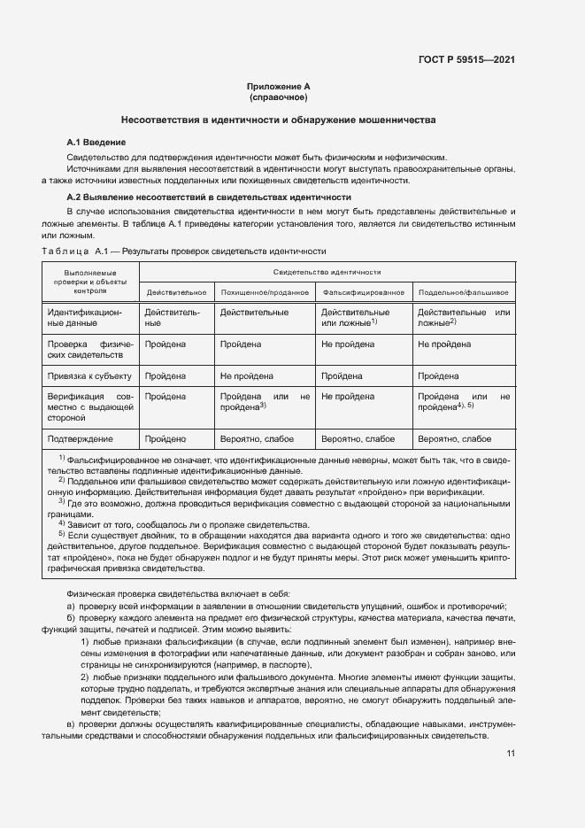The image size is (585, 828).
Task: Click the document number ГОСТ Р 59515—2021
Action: (x=466, y=60)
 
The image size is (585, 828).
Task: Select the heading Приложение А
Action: (x=278, y=86)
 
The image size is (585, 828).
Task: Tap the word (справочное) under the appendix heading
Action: (x=278, y=97)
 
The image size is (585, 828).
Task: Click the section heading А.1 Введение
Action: (x=96, y=142)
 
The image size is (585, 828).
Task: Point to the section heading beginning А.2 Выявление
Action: (x=209, y=197)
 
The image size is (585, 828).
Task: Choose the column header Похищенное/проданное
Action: (x=265, y=291)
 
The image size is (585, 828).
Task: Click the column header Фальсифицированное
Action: (x=364, y=291)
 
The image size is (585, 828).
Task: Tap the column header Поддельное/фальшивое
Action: (x=463, y=291)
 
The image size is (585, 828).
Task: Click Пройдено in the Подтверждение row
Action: (x=165, y=438)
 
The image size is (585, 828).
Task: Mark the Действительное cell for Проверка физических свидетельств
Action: (x=165, y=344)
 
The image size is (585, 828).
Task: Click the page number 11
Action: (x=511, y=754)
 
